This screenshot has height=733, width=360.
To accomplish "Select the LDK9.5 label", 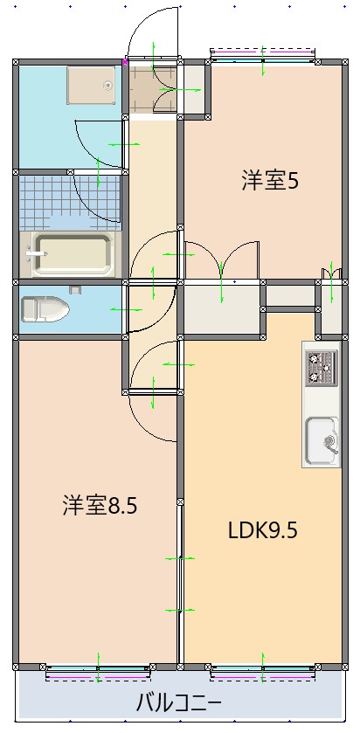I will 263,530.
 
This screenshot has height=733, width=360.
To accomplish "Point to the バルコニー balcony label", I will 178,702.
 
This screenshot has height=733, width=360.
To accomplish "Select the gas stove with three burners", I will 321,367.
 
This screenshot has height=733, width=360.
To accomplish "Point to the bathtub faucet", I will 35,254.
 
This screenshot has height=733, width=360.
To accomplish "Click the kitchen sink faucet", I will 331,439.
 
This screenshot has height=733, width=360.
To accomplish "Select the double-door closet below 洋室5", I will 223,306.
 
